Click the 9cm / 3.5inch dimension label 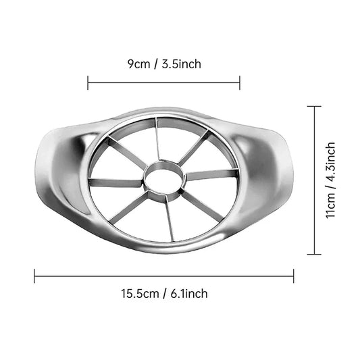click(x=164, y=64)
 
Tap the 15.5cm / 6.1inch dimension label click(x=164, y=293)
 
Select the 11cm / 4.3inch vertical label click(x=330, y=180)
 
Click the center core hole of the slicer click(x=163, y=180)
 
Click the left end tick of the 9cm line click(x=88, y=82)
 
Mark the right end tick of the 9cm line click(x=240, y=82)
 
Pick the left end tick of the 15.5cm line click(x=34, y=276)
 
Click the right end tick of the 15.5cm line click(x=294, y=276)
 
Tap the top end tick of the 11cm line click(x=314, y=106)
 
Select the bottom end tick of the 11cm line click(x=314, y=254)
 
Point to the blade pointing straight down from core click(x=168, y=220)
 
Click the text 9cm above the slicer click(x=139, y=64)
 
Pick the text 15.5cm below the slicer click(x=139, y=293)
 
